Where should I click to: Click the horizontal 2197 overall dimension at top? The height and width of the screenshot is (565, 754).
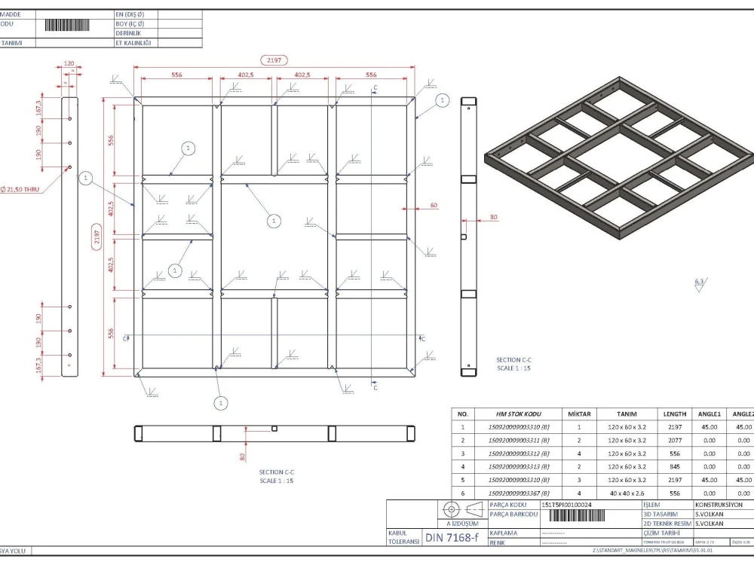pos(273,60)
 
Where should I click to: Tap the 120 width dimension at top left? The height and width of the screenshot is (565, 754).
pos(69,64)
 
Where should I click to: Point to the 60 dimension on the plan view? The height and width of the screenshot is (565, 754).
pos(434,205)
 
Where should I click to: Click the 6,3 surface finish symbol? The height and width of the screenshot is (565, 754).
pos(700,282)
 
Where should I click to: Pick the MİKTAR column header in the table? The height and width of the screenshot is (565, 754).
pos(579,414)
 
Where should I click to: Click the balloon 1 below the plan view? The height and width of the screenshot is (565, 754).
pos(221,404)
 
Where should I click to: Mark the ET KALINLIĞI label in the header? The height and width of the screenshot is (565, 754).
pos(133,43)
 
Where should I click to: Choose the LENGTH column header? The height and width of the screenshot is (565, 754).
pos(674,414)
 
